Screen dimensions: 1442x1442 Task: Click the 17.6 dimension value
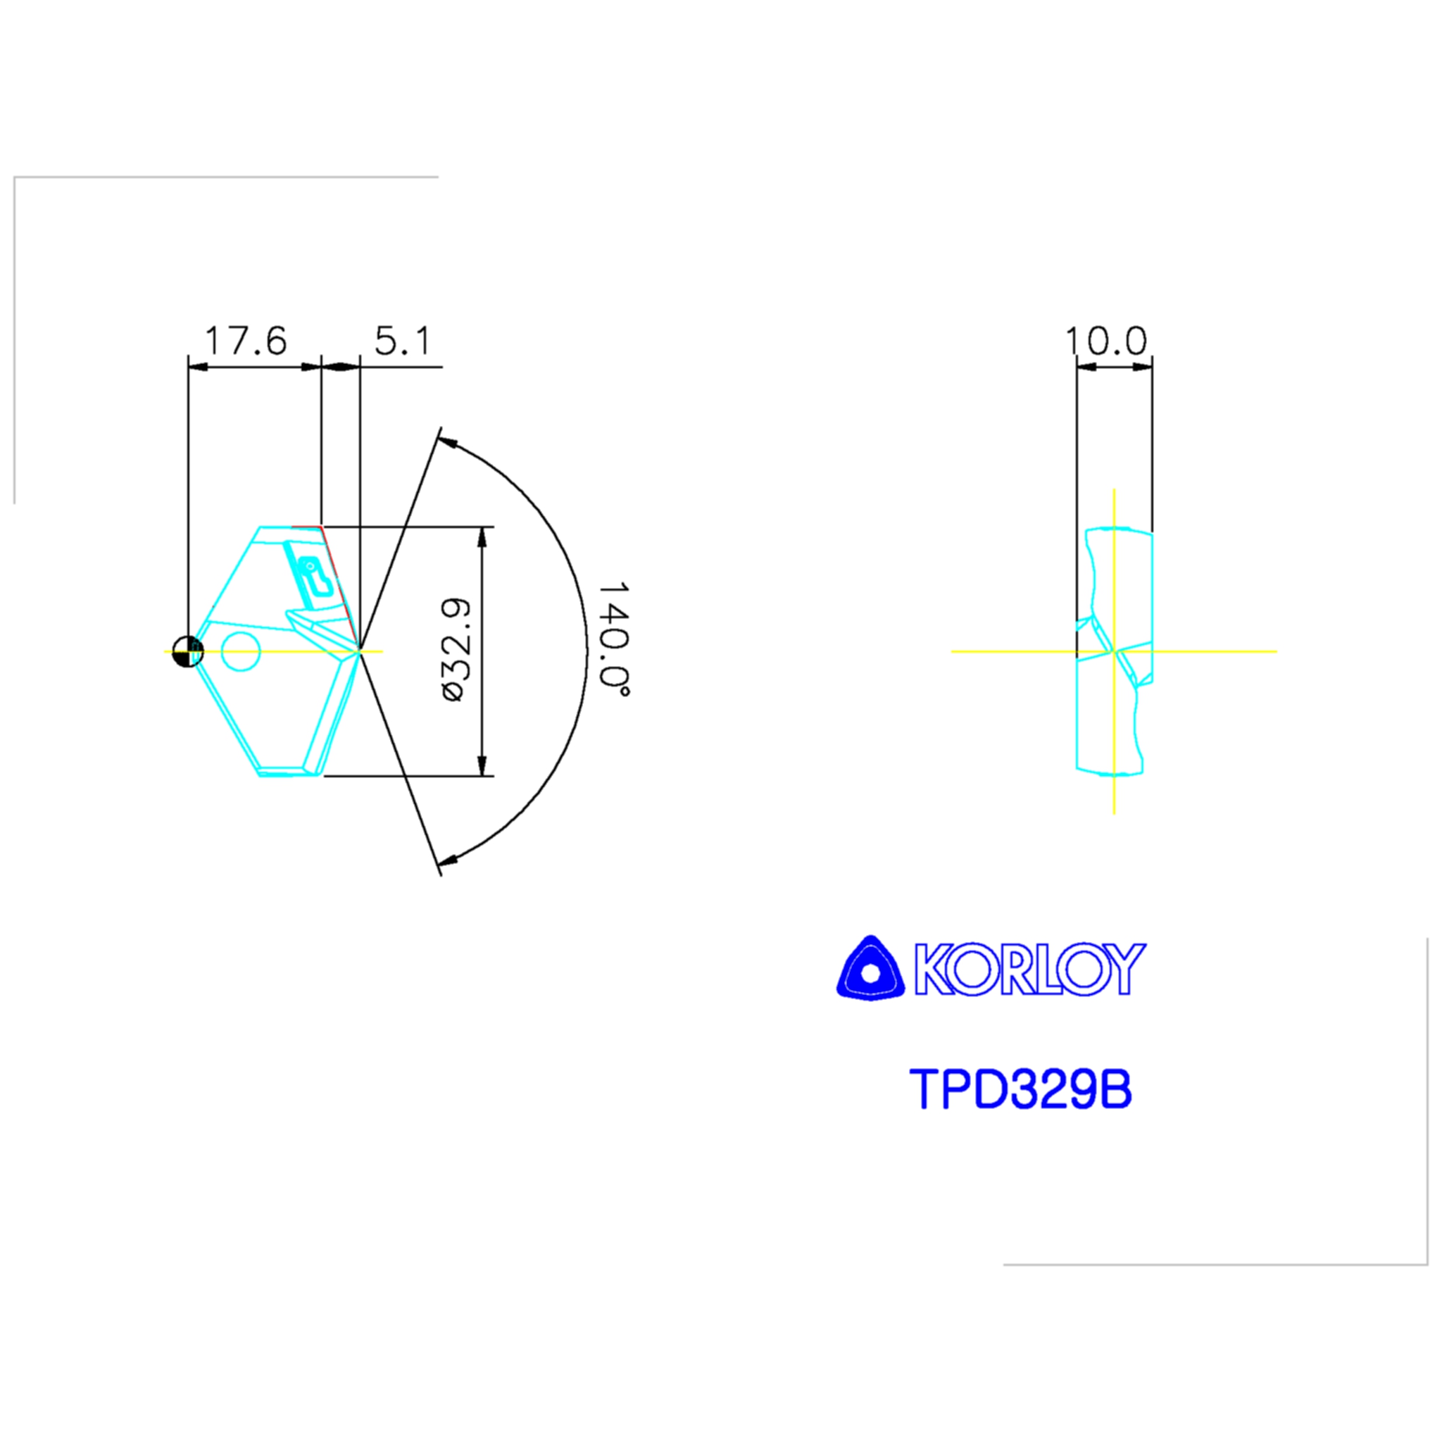(246, 341)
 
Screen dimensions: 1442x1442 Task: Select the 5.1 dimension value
(403, 341)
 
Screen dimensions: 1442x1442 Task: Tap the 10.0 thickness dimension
(1105, 341)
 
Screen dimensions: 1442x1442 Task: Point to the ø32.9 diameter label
(456, 648)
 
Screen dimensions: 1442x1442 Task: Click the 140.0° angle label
(614, 639)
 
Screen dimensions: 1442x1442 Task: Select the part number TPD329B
(1020, 1089)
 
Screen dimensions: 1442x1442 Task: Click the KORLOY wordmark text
(1031, 969)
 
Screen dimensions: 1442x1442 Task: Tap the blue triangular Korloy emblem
(870, 968)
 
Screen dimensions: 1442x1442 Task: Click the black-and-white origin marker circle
(187, 651)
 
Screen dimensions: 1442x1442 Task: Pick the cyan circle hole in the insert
(241, 651)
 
